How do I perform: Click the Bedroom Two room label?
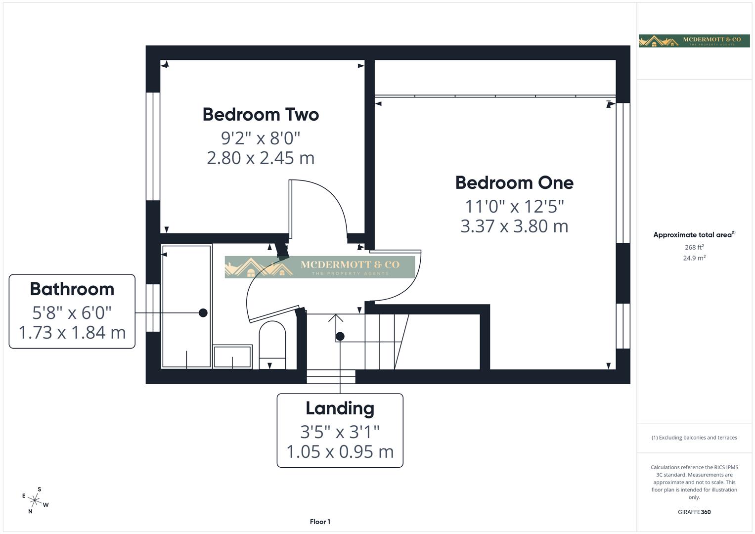tap(261, 115)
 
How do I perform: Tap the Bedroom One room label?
tap(514, 183)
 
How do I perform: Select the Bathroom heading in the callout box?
tap(72, 289)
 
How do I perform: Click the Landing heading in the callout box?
tap(340, 408)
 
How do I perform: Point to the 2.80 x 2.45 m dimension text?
tap(261, 158)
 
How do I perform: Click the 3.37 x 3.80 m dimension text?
tap(514, 226)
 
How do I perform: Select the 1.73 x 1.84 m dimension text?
tap(72, 332)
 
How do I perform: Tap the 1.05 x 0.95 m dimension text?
tap(340, 451)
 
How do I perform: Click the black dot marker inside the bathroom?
tap(203, 312)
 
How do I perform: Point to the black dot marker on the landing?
tap(340, 336)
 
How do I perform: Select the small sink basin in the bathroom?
tap(232, 356)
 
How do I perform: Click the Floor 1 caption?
tap(320, 522)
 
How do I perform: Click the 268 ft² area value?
tap(694, 247)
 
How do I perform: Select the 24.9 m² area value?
tap(694, 258)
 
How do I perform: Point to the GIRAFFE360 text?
tap(694, 512)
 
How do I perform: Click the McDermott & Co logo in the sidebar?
tap(694, 41)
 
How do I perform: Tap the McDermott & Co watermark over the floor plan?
tap(320, 267)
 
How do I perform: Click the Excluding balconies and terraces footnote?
tap(694, 438)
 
